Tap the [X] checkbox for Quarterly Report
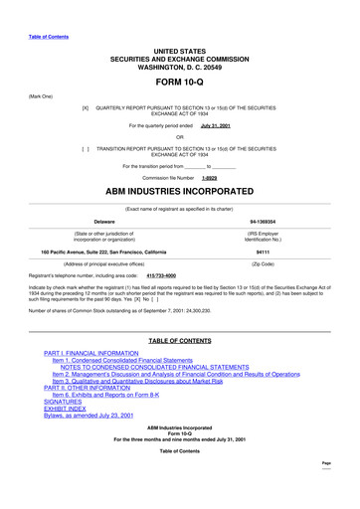(86, 105)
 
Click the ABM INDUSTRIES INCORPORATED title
(179, 192)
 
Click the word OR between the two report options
(180, 136)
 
